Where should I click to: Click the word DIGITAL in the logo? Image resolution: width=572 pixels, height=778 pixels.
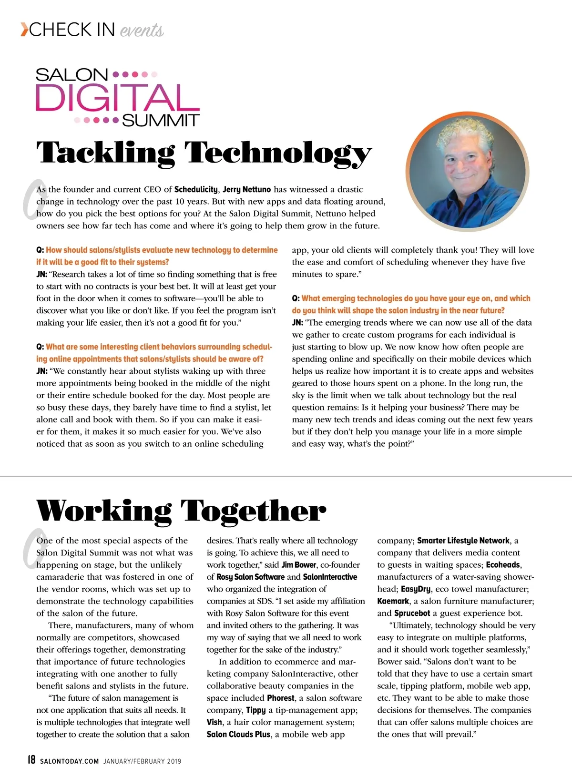[x=117, y=98]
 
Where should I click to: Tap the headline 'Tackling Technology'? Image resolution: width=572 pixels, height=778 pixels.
[x=204, y=153]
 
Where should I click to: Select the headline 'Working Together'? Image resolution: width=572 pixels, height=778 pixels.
[x=181, y=511]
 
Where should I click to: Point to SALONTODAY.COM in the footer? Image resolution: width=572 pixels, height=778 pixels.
[x=70, y=761]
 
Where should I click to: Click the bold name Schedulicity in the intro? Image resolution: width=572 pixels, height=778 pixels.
[x=196, y=189]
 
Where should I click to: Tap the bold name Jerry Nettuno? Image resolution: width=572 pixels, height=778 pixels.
[x=246, y=189]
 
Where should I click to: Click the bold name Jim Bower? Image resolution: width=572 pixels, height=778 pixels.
[x=298, y=565]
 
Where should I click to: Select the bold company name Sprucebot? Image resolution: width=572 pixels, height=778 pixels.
[x=412, y=613]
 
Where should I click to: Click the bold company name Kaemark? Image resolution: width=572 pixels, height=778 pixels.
[x=393, y=601]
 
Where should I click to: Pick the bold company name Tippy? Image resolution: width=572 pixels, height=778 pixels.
[x=256, y=710]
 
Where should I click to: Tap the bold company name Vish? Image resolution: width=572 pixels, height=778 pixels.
[x=214, y=722]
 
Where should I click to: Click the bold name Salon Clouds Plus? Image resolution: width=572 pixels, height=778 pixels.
[x=238, y=735]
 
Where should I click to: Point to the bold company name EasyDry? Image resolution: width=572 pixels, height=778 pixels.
[x=416, y=589]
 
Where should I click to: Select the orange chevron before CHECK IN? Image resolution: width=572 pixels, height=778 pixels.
[x=24, y=30]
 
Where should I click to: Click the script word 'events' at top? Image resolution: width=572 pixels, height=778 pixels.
[x=142, y=31]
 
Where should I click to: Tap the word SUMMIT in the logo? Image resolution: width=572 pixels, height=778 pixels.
[x=161, y=120]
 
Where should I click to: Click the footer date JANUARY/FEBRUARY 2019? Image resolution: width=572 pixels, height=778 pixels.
[x=142, y=761]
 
